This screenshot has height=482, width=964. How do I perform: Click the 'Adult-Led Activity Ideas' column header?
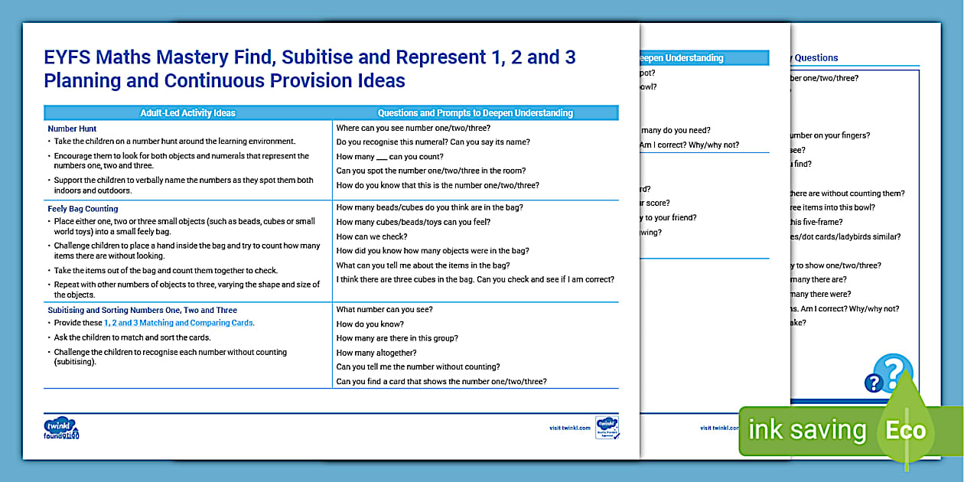point(187,113)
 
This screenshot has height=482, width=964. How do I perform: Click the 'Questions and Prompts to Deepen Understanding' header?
point(475,113)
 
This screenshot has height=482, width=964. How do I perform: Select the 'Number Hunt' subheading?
point(72,129)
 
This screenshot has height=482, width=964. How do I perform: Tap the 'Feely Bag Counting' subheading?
point(83,208)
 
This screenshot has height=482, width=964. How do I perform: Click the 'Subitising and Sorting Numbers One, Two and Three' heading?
point(142,310)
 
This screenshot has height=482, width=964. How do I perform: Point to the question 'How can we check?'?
point(372,236)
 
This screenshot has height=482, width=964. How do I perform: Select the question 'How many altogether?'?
point(376,353)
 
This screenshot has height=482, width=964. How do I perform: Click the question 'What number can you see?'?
point(385,309)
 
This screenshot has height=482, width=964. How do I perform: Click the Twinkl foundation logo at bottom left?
point(61,428)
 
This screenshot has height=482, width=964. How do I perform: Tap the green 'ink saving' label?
point(806,431)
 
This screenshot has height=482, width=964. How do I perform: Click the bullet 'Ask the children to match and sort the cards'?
point(132,337)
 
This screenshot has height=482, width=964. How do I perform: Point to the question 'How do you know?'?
point(370,324)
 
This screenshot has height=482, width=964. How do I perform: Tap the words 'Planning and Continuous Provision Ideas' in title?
point(224,81)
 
